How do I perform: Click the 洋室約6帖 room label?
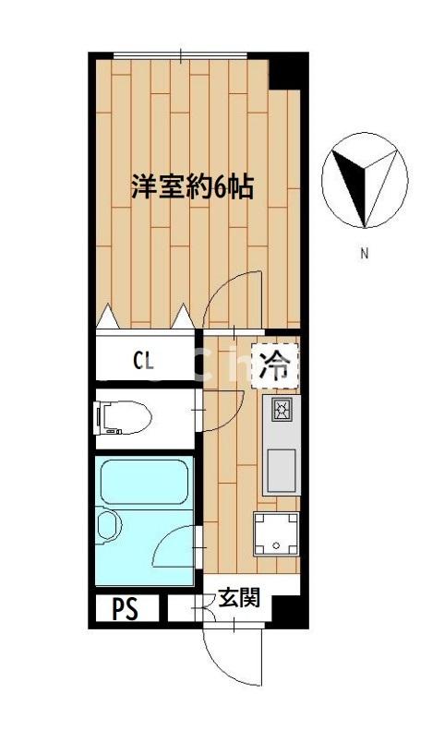pyautogui.click(x=191, y=187)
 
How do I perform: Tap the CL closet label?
pyautogui.click(x=144, y=359)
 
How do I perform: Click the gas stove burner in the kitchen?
pyautogui.click(x=282, y=409)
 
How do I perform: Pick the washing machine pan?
pyautogui.click(x=278, y=534)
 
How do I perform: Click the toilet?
pyautogui.click(x=122, y=416)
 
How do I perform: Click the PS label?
pyautogui.click(x=126, y=608)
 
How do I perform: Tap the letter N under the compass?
pyautogui.click(x=365, y=253)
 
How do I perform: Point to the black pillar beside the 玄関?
pyautogui.click(x=286, y=611)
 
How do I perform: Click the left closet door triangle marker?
pyautogui.click(x=108, y=316)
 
